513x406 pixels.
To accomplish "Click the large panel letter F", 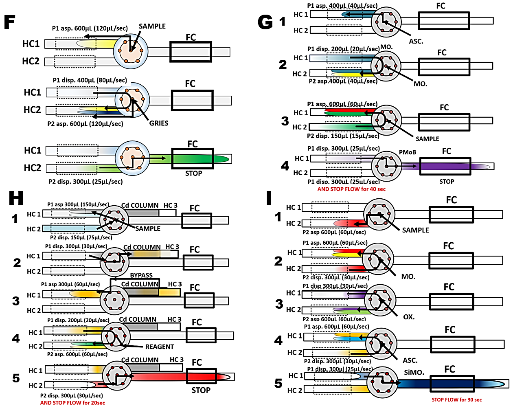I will [10, 22].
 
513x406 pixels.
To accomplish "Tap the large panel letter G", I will [265, 22].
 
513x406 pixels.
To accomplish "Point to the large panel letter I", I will [269, 198].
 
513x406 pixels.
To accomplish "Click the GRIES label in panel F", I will [158, 123].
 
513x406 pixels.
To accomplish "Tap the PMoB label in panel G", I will [407, 152].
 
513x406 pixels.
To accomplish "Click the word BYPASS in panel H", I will [141, 275].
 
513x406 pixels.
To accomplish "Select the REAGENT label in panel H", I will [160, 347].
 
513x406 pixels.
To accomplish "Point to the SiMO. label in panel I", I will [414, 372].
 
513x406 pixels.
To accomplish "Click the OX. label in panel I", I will [409, 317].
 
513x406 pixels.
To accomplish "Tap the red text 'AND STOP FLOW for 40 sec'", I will [351, 189].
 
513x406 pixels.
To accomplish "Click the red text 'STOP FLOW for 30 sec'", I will [457, 399].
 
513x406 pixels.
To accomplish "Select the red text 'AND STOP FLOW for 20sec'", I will [72, 403].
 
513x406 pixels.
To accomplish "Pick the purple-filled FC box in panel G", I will [445, 166].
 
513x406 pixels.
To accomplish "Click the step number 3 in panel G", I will [285, 121].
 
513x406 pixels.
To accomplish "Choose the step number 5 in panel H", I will [16, 378].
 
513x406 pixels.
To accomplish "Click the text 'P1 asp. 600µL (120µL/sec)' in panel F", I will [90, 29].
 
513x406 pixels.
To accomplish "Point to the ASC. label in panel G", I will [416, 41].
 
